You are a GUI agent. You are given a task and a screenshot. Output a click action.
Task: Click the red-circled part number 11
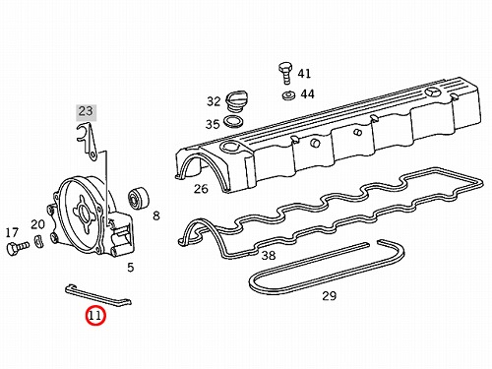click(95, 316)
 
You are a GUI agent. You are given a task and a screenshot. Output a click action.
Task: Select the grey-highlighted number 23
click(86, 111)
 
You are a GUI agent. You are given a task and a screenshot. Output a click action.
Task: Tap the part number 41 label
click(304, 74)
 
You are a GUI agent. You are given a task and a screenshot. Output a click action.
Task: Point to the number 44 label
click(308, 94)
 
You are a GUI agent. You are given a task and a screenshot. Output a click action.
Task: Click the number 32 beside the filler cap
click(214, 101)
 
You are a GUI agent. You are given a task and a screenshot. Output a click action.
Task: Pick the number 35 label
click(213, 124)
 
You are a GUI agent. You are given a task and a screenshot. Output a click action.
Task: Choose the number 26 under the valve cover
click(201, 189)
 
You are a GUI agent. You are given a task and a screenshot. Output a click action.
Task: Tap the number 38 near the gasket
click(269, 255)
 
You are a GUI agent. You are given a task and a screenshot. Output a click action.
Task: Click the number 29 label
click(330, 296)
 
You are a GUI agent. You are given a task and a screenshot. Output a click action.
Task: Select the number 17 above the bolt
click(12, 233)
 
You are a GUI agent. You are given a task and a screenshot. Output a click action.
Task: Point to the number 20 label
click(37, 224)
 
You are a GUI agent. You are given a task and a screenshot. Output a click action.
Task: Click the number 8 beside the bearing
click(156, 215)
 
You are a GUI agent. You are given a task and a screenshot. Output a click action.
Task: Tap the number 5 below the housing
click(131, 268)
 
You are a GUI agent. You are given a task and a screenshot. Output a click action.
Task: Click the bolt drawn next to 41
click(284, 73)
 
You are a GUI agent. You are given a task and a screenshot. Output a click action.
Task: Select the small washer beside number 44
click(288, 95)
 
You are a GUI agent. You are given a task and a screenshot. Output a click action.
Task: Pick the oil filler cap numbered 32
click(235, 99)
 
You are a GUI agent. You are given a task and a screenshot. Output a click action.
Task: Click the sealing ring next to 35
click(233, 122)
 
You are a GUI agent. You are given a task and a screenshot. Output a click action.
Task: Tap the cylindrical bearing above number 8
click(138, 198)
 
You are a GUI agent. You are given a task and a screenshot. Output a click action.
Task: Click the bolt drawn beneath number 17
click(18, 247)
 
